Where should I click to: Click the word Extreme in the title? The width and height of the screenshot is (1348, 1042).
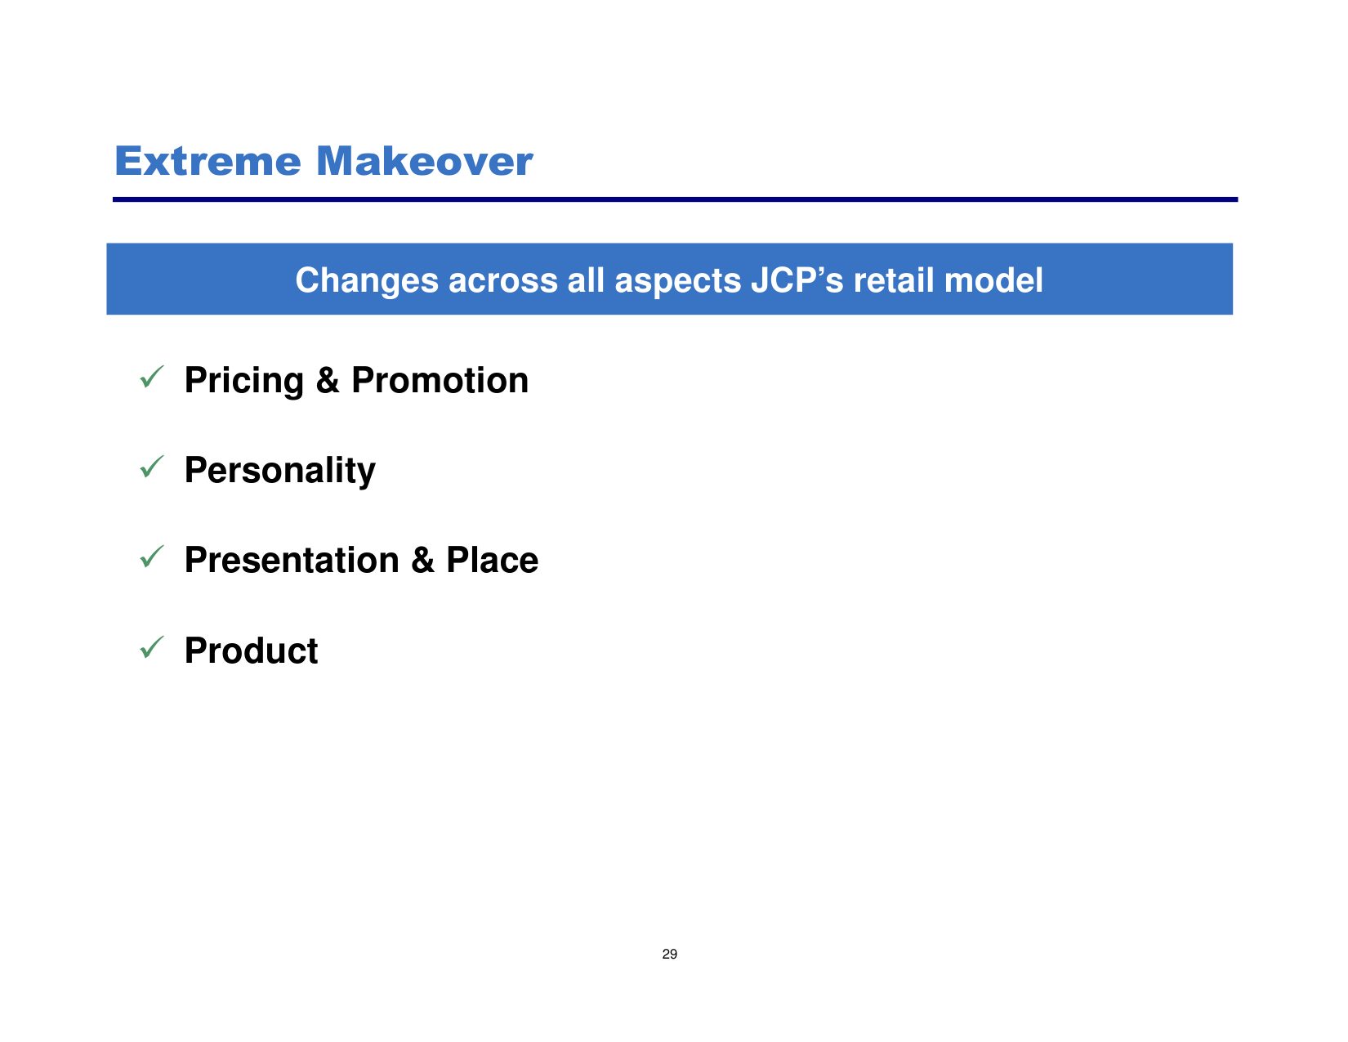208,161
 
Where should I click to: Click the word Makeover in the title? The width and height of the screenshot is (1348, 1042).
424,161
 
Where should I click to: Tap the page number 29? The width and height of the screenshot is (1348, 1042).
669,954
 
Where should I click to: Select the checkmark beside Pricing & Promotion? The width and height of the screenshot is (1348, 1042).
151,377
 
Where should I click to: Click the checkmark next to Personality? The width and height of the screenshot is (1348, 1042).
151,467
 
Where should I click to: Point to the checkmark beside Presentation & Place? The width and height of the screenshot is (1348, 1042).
151,557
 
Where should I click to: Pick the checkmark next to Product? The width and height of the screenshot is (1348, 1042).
151,647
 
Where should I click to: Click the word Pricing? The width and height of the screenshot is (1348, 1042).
243,381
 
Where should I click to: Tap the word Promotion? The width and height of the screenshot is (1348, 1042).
440,380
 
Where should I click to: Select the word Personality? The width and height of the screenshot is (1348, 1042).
279,471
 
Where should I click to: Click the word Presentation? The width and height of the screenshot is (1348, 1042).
292,561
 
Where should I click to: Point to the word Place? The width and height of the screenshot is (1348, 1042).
492,561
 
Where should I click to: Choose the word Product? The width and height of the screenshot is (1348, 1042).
252,651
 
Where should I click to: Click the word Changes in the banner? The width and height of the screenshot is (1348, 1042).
367,280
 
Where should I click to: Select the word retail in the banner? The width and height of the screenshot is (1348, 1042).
894,280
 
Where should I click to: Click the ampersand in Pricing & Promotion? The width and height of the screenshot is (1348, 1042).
328,380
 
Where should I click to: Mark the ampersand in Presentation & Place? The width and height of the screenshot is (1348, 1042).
422,561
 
